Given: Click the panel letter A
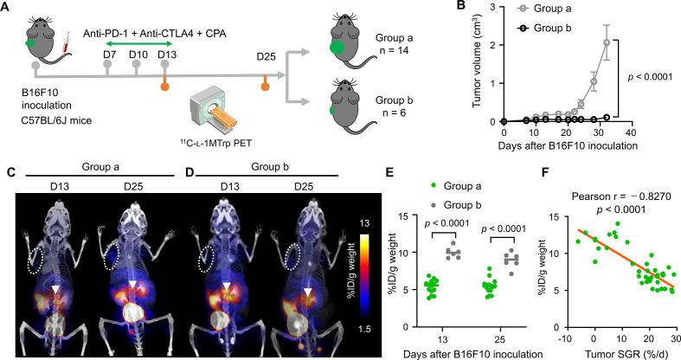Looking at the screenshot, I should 7,8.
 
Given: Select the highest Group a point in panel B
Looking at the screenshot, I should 607,42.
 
